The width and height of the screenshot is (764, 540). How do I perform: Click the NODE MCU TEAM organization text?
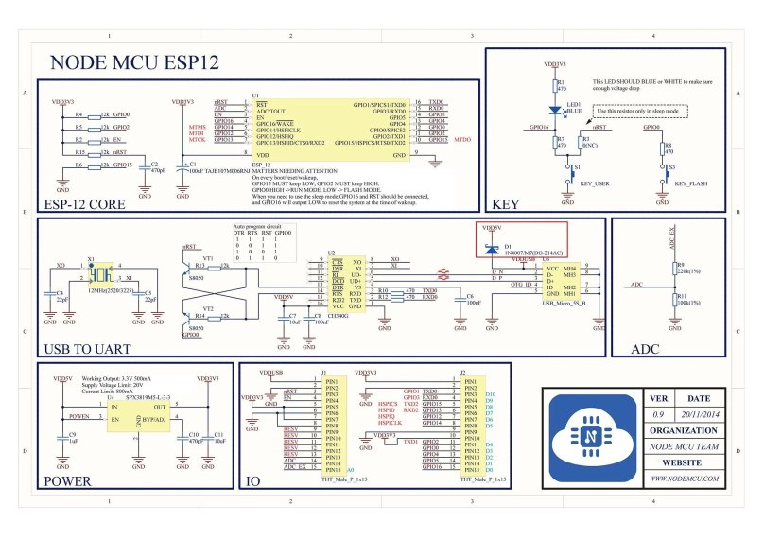pos(686,446)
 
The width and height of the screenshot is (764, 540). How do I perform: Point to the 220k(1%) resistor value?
pos(686,271)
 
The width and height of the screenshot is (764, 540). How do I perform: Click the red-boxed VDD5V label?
pos(492,229)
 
